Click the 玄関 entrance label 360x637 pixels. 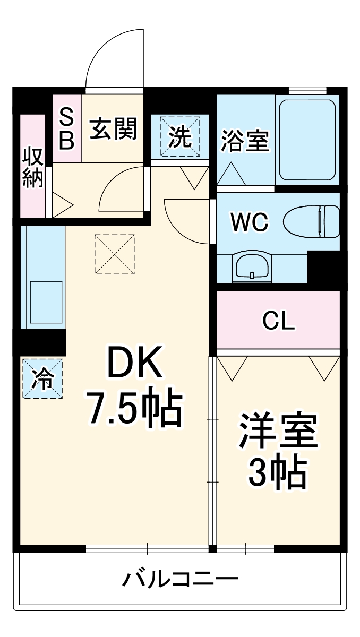pos(113,128)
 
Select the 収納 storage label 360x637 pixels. pos(32,167)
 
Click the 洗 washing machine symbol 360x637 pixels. pos(180,137)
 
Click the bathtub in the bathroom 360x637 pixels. pos(307,140)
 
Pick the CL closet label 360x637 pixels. pos(279,321)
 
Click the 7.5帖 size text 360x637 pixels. pos(134,409)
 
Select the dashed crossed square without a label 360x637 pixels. pos(115,254)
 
